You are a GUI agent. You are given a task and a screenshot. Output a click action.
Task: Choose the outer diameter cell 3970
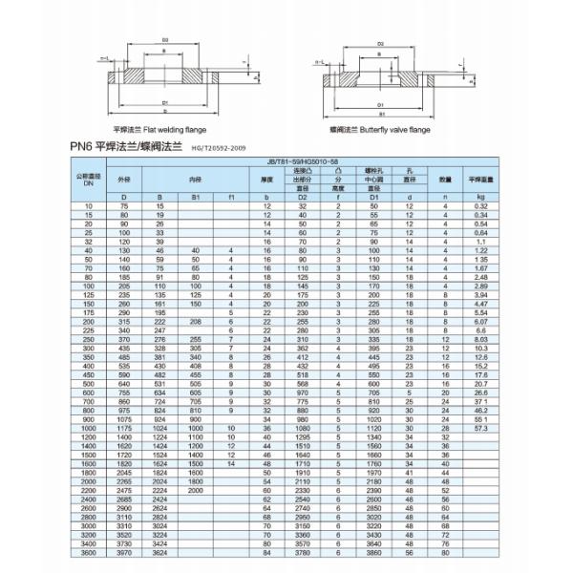pyautogui.click(x=122, y=551)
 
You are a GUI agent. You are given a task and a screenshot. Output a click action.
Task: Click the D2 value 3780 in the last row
pyautogui.click(x=303, y=551)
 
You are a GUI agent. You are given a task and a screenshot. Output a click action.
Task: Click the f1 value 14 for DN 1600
pyautogui.click(x=232, y=464)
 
